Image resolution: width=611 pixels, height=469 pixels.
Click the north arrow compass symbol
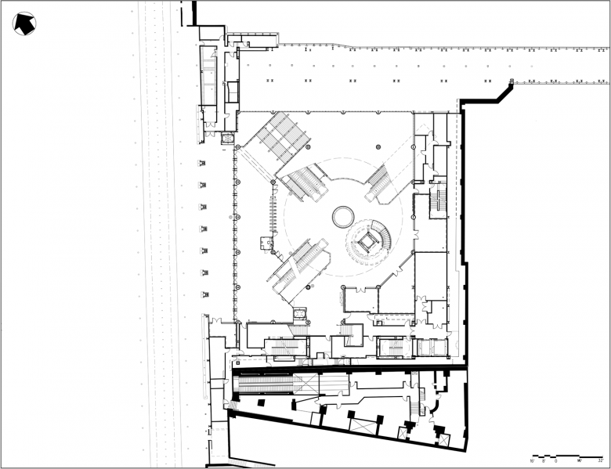pyautogui.click(x=25, y=23)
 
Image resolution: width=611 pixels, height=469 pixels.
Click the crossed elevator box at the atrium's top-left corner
pyautogui.click(x=228, y=139)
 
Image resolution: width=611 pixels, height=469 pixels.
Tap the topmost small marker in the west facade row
pyautogui.click(x=202, y=163)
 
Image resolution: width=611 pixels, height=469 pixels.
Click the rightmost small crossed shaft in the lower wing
pyautogui.click(x=439, y=431)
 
